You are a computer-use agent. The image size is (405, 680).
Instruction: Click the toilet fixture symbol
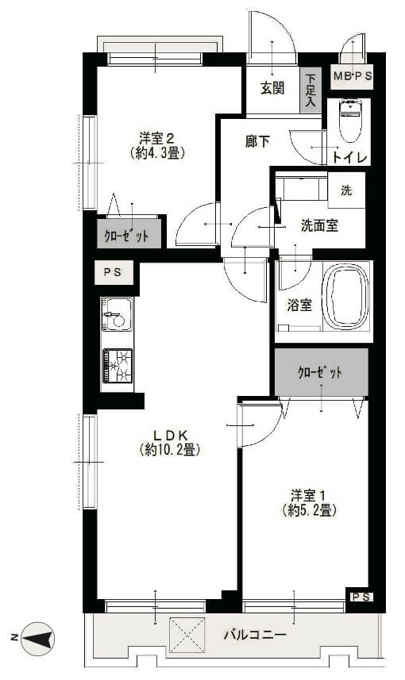(x=351, y=121)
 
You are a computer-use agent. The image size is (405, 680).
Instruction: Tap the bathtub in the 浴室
(x=346, y=297)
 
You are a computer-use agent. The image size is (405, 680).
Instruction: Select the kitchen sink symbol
(x=117, y=314)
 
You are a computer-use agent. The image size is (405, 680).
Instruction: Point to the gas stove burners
(x=118, y=366)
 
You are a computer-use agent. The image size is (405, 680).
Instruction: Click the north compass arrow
(x=38, y=639)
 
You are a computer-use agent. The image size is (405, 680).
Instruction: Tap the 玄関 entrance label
(x=272, y=88)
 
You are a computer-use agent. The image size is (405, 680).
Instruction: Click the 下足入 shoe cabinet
(x=310, y=90)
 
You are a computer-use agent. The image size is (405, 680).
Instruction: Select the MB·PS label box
(x=352, y=77)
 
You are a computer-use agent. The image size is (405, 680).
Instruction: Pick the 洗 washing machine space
(x=346, y=190)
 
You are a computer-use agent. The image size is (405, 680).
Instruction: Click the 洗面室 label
(x=319, y=225)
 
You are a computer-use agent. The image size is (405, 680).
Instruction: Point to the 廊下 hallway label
(x=257, y=141)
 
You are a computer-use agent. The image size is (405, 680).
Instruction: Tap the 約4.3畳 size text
(x=157, y=152)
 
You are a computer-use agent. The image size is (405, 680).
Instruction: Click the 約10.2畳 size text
(x=170, y=450)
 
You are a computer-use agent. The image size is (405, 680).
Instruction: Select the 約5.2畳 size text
(x=309, y=510)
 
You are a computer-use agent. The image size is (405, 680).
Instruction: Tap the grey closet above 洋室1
(x=322, y=372)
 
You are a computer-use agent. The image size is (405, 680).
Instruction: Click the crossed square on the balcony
(x=187, y=635)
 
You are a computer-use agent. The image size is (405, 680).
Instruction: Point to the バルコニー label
(x=255, y=636)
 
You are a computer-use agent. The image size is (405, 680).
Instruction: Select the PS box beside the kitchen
(x=114, y=273)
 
